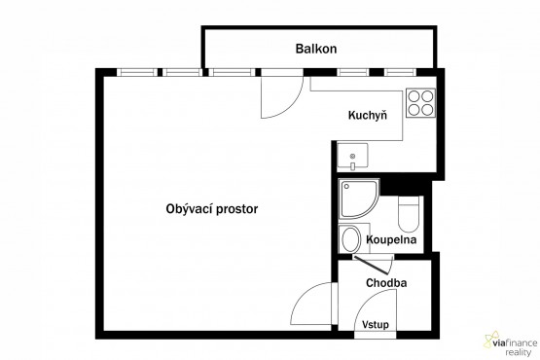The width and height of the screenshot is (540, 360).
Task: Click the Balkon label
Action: click(x=316, y=49)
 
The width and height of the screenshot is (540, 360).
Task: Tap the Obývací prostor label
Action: click(x=212, y=209)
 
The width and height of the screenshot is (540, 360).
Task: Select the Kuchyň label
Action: click(x=368, y=115)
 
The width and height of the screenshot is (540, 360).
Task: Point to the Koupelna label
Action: click(x=391, y=239)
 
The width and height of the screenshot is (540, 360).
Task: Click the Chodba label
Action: click(x=386, y=283)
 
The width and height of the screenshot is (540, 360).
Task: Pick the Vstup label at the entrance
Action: click(x=376, y=325)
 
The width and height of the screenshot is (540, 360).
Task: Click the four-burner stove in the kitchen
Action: click(x=420, y=103)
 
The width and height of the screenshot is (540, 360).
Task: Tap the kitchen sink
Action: click(x=352, y=156)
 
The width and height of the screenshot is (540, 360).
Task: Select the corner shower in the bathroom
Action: click(x=358, y=198)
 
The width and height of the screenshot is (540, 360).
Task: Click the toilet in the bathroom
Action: click(x=409, y=214)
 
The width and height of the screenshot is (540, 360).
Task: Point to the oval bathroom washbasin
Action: click(x=350, y=239)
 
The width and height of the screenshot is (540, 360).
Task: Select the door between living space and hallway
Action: click(x=311, y=304)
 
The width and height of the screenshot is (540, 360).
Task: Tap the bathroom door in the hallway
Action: click(x=374, y=264)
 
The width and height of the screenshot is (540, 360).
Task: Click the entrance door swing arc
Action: click(x=372, y=301)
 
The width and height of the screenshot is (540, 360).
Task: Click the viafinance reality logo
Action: click(x=511, y=343)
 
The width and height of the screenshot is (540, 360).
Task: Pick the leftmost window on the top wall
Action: click(x=137, y=72)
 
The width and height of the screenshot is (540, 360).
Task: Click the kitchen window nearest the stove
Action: click(x=400, y=72)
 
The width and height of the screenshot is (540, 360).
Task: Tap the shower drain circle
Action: click(x=346, y=187)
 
